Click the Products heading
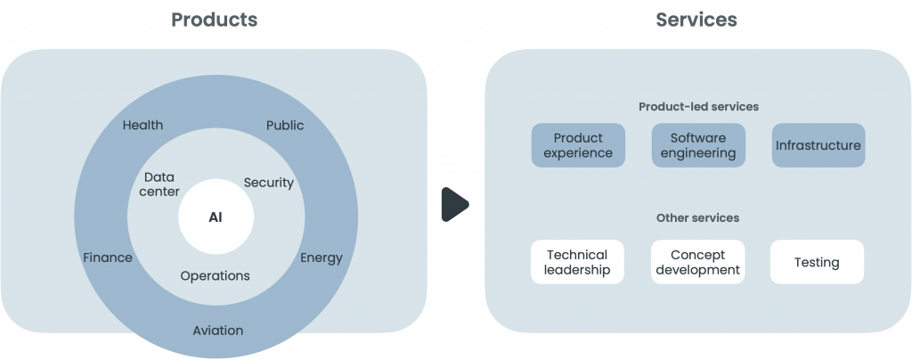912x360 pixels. coord(214,19)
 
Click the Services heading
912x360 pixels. coord(696,19)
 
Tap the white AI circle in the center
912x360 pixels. coord(216,217)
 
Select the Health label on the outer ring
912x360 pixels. coord(142,125)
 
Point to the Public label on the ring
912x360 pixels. coord(285,125)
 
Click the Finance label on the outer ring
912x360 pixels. coord(107,258)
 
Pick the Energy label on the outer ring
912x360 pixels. coord(321,258)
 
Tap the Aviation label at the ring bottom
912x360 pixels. coord(217,330)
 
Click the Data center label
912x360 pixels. coord(160,184)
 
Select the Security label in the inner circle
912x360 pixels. coord(268,183)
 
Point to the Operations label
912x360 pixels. coord(215,275)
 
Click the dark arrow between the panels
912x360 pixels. coord(454,205)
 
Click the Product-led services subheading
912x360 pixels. coord(698,107)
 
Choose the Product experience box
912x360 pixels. coord(578,145)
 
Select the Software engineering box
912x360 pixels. coord(698,145)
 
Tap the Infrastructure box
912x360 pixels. coord(818,145)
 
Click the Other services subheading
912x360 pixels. coord(697,217)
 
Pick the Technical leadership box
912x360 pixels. coord(577,262)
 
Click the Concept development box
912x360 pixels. coord(697,262)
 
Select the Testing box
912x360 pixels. coord(817,262)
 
